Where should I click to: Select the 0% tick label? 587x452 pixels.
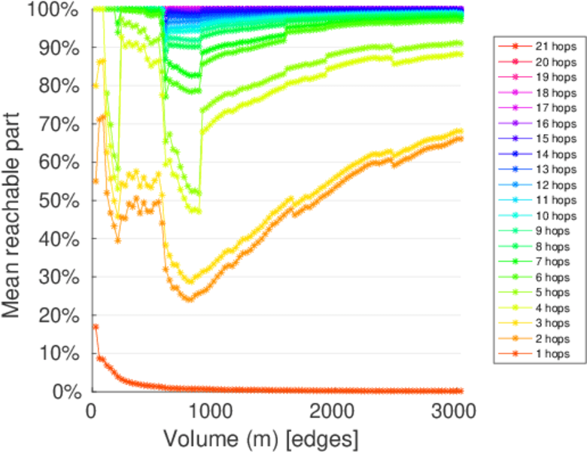pos(66,391)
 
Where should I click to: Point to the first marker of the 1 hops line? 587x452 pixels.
pos(95,326)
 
